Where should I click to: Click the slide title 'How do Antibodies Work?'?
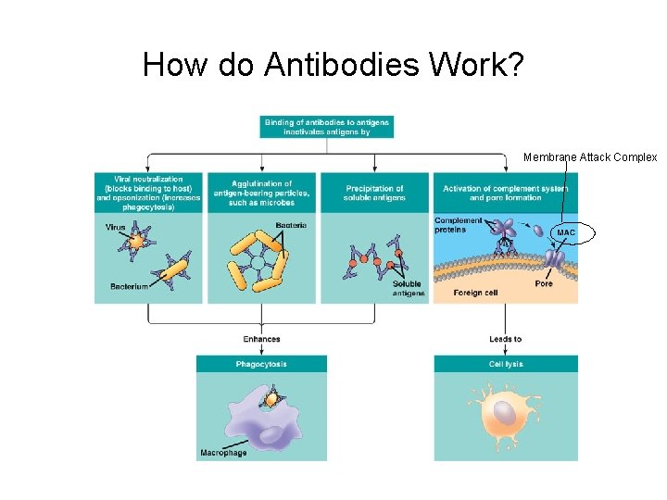pos(333,65)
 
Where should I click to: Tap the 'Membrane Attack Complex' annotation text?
pos(590,157)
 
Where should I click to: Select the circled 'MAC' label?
pos(566,231)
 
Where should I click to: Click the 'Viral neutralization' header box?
pos(148,194)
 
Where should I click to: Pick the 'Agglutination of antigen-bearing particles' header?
pos(262,194)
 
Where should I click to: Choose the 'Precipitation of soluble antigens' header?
pos(374,194)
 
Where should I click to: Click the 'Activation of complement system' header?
pos(505,194)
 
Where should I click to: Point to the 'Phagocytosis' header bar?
pos(261,364)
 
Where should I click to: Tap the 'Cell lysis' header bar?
pos(506,364)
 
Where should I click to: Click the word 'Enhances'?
pos(261,339)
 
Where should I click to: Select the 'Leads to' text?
pos(506,339)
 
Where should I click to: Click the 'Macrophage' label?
pos(223,453)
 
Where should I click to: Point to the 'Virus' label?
pos(116,226)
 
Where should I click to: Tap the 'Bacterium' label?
pos(130,287)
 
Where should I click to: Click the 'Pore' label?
pos(544,283)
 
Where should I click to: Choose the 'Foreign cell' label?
pos(475,293)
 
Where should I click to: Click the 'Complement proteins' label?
pos(459,225)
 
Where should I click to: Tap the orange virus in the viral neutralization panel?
pos(137,242)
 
